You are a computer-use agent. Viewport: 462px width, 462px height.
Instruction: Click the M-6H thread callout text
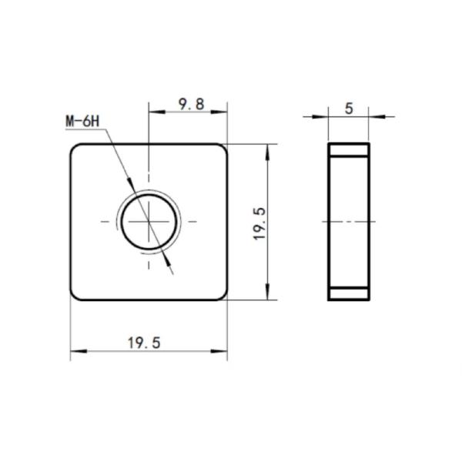82,121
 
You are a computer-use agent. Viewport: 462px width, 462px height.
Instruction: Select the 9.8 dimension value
192,104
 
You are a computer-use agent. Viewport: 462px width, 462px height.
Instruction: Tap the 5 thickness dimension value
349,109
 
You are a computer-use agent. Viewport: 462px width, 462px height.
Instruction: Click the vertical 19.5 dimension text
260,224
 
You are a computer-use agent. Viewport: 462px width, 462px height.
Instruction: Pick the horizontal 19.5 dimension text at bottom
144,343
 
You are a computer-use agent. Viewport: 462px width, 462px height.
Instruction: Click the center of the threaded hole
149,221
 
